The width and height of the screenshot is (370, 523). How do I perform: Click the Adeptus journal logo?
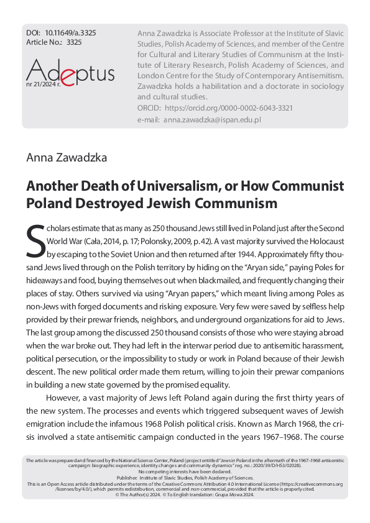click(70, 73)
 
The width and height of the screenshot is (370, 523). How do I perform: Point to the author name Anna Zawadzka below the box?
click(67, 157)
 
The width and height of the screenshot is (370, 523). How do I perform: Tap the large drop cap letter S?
click(35, 241)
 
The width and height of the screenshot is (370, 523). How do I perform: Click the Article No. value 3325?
click(73, 43)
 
